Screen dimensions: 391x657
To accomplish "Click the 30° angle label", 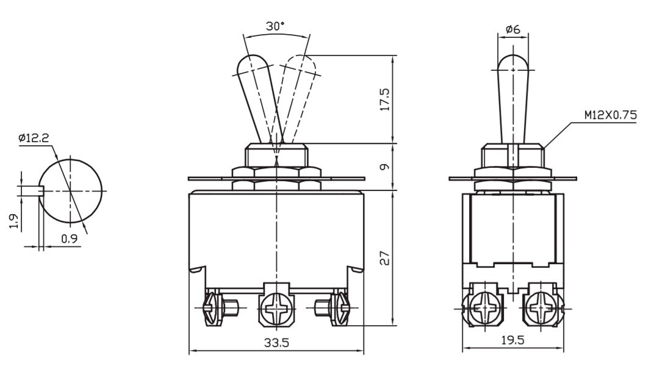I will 275,26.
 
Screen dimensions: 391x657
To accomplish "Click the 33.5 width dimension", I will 276,343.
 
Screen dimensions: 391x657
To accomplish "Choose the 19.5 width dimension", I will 512,340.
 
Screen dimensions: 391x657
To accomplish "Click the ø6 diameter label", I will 513,29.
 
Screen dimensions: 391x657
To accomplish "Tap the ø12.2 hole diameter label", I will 34,138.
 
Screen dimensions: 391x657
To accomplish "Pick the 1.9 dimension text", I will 13,221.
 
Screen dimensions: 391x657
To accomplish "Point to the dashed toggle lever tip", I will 301,61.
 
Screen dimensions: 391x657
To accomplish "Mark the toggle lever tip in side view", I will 513,61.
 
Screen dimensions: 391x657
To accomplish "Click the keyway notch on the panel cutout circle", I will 42,191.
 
